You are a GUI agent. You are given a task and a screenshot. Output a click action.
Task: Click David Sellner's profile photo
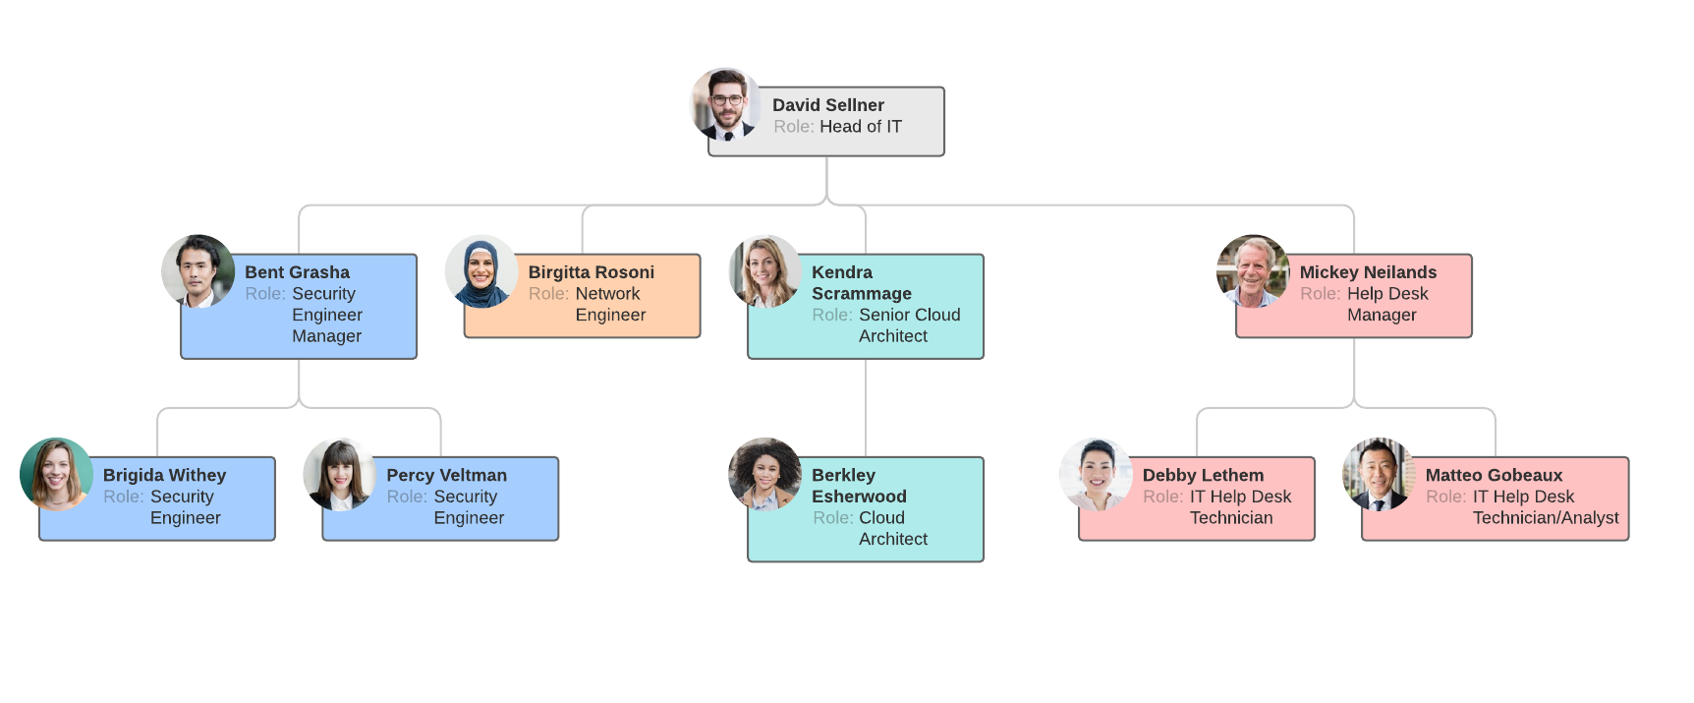pos(726,104)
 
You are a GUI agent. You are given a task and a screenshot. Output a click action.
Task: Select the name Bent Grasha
pos(297,272)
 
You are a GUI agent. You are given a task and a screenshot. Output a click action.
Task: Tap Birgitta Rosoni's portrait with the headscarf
pos(480,271)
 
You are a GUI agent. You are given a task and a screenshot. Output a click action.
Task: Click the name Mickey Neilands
pos(1367,272)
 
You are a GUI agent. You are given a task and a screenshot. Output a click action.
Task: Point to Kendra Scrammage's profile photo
pos(764,271)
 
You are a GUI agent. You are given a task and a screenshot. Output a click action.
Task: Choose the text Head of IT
pos(860,127)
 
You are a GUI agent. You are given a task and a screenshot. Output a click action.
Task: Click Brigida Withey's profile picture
pos(56,474)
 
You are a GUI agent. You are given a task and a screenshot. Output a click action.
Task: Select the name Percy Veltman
pos(446,475)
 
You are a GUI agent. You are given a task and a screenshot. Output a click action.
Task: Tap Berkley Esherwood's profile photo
pos(764,474)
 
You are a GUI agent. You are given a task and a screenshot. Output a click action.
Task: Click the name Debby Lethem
pos(1203,475)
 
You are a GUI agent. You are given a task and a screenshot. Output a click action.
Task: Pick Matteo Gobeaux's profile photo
pos(1379,474)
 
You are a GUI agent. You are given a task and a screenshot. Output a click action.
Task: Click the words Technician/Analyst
pos(1545,518)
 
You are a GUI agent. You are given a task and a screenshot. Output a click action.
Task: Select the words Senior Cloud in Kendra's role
pos(909,315)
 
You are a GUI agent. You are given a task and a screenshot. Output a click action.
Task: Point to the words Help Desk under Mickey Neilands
pos(1386,294)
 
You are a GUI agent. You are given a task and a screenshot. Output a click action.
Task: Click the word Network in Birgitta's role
pos(607,294)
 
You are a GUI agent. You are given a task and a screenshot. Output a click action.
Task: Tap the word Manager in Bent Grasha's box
pos(326,336)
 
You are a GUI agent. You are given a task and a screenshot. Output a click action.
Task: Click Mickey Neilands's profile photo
pos(1253,271)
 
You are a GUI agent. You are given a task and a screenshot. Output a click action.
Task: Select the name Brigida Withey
pos(164,475)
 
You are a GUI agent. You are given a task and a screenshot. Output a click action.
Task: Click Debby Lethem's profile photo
pos(1096,474)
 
